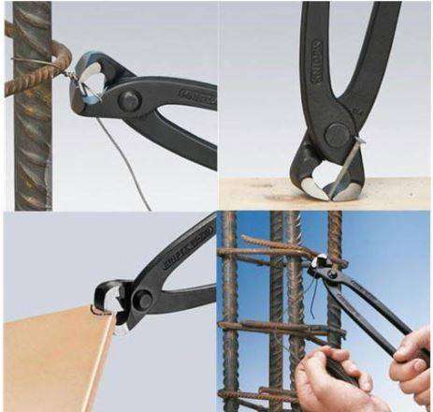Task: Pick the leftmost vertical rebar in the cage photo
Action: (230, 309)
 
